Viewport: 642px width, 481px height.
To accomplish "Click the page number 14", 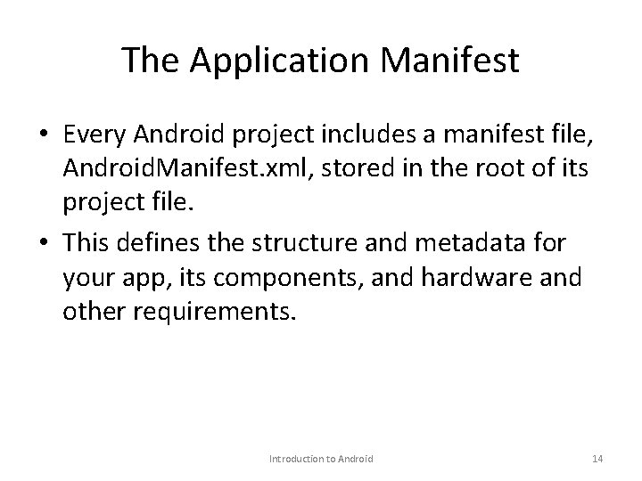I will point(597,458).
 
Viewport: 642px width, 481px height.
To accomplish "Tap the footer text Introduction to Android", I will point(321,458).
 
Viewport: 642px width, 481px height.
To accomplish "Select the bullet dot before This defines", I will point(44,242).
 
